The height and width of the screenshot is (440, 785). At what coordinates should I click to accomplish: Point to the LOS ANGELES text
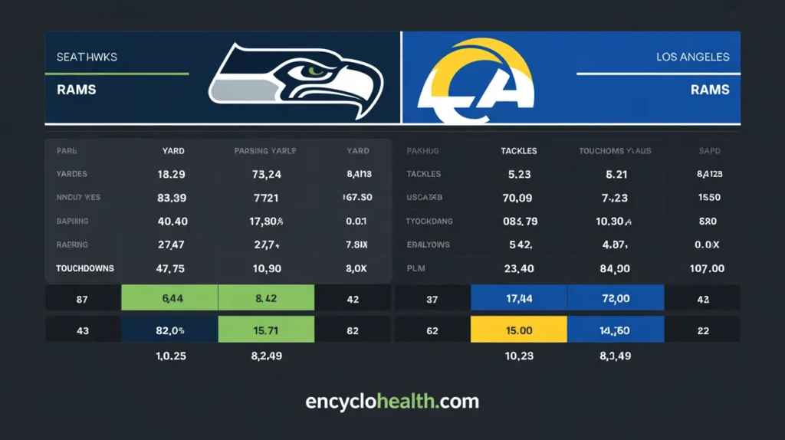click(693, 57)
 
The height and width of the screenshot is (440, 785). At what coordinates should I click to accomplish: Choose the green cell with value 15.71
click(266, 330)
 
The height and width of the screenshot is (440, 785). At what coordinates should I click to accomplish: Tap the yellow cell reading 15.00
click(519, 330)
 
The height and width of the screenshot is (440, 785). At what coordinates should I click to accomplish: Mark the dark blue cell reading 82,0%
click(170, 330)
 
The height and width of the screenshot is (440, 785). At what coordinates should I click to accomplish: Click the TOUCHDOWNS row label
click(85, 269)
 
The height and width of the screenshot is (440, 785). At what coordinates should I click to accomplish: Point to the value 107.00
click(707, 269)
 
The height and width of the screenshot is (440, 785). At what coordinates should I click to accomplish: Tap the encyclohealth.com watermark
click(392, 402)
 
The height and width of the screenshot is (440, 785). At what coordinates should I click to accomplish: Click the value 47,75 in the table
click(171, 269)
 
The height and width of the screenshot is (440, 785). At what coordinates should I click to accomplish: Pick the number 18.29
click(171, 174)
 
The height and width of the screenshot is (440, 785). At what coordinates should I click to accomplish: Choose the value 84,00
click(615, 269)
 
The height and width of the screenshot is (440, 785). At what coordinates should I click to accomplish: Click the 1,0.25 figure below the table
click(171, 356)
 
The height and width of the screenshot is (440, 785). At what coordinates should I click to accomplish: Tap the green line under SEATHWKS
click(117, 74)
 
